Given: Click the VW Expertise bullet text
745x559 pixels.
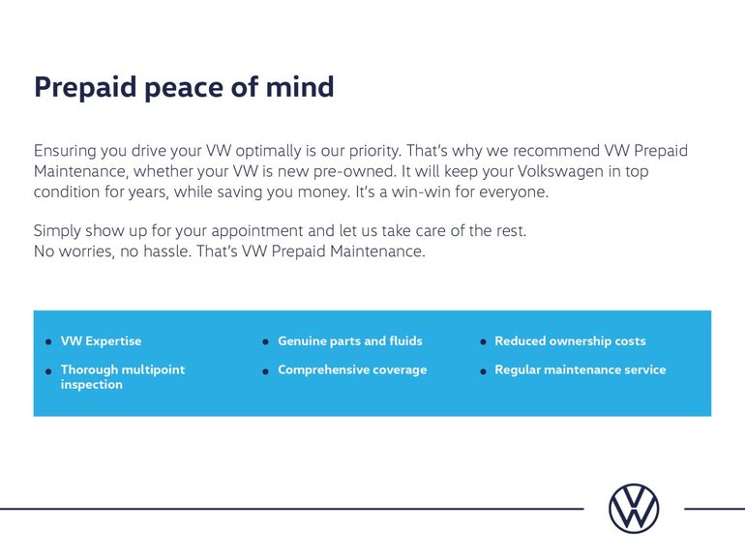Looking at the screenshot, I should [x=101, y=341].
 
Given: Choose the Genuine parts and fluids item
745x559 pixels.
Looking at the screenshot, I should [x=349, y=341].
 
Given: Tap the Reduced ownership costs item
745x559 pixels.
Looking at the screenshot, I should [x=570, y=341].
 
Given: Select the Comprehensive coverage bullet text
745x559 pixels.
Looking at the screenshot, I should [x=352, y=369].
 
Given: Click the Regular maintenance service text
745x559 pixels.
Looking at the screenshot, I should [x=580, y=369].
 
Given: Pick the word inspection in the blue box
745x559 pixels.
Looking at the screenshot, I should [x=91, y=385].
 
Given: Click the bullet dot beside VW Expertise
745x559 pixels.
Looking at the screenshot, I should [x=48, y=342].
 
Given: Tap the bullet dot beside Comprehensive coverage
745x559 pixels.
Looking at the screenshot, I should [x=265, y=371].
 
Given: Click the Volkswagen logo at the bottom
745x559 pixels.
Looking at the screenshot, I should [x=634, y=508].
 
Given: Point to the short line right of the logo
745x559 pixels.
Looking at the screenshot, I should [x=713, y=508].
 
